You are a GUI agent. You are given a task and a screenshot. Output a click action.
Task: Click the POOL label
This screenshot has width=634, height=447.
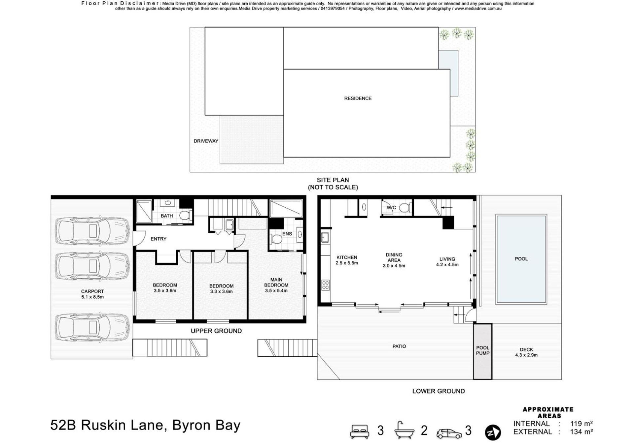click(x=521, y=259)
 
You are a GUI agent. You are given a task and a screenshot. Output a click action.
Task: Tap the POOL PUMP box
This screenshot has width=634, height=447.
click(x=482, y=351)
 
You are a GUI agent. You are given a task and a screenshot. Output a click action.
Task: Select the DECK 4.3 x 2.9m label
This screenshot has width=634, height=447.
click(x=526, y=352)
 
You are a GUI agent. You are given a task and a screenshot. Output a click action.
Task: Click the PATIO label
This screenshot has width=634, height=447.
click(x=399, y=346)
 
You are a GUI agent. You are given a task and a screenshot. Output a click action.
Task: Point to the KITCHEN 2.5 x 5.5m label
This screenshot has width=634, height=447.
click(x=347, y=260)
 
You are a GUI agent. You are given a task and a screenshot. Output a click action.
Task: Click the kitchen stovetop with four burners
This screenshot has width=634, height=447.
click(x=325, y=285)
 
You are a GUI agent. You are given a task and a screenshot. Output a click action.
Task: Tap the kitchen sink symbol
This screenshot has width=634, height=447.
click(x=325, y=237)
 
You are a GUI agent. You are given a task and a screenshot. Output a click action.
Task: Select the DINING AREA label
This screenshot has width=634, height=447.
click(x=394, y=257)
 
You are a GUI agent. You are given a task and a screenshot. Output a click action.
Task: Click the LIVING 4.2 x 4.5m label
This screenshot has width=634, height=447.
click(x=447, y=262)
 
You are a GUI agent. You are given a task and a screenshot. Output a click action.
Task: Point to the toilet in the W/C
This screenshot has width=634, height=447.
click(x=405, y=208)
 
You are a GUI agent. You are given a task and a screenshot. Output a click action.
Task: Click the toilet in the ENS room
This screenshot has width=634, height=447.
click(x=276, y=239)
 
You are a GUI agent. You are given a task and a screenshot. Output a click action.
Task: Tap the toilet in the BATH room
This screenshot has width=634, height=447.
click(x=185, y=215)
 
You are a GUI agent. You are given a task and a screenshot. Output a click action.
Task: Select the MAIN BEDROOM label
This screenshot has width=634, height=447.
click(x=276, y=283)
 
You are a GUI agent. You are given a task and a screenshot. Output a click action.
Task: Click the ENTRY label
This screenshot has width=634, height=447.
click(x=158, y=239)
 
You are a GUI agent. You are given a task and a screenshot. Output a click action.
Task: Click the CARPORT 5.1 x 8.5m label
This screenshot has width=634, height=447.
click(x=92, y=294)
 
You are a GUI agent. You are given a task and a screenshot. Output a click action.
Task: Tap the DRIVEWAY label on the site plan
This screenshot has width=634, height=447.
click(x=206, y=141)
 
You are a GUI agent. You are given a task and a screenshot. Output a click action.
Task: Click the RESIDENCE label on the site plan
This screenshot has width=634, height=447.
click(x=358, y=98)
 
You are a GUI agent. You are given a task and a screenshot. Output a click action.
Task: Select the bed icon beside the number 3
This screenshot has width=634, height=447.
click(x=360, y=431)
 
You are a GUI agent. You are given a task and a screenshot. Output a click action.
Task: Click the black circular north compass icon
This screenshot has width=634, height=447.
click(x=493, y=432)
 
